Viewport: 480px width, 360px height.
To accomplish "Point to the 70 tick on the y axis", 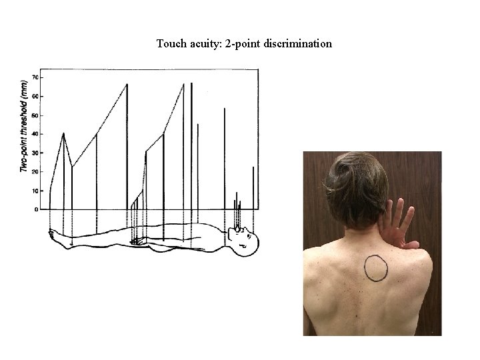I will click(34, 77).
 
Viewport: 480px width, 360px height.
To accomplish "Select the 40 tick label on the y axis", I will click(34, 134).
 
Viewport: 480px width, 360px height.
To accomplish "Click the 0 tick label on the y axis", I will click(36, 209).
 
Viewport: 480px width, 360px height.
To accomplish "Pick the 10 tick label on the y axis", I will click(34, 191).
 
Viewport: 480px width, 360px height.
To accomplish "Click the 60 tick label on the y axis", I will click(34, 97).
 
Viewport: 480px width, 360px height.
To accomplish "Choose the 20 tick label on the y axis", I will click(34, 172).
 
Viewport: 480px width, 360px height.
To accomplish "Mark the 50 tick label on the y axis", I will click(34, 115).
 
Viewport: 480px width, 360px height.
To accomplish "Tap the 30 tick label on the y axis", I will click(34, 153).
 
